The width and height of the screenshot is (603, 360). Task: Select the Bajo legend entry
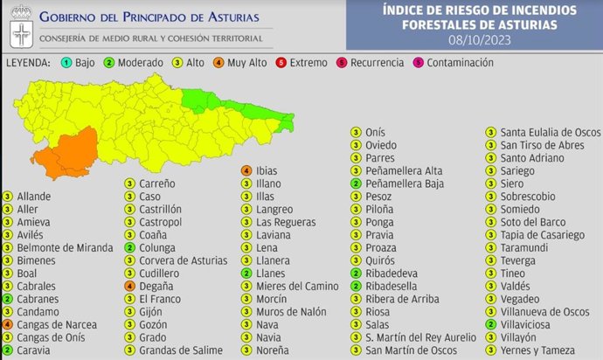pos(79,63)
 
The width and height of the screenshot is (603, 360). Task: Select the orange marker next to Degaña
pos(129,286)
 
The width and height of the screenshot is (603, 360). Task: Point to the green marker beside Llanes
pos(246,273)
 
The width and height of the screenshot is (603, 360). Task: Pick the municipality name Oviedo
pos(381,145)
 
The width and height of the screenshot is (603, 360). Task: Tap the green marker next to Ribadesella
pos(356,286)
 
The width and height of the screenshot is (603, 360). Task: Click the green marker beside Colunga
pos(129,247)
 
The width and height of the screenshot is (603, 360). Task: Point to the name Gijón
pos(150,311)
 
